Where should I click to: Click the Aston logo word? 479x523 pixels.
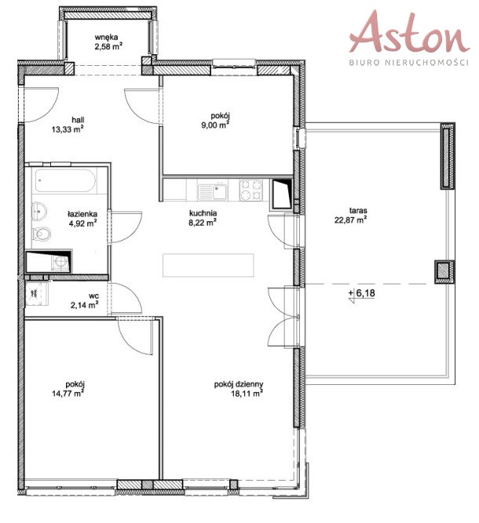click(x=409, y=32)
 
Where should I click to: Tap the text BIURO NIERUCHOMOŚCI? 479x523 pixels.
click(x=409, y=63)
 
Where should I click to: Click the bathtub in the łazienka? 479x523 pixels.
click(x=65, y=181)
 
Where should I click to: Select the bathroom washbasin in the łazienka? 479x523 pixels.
click(x=39, y=211)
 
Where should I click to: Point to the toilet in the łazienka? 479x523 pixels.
click(x=42, y=233)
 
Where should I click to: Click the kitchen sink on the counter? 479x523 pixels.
click(x=213, y=190)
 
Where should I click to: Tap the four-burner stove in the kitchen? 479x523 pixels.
click(x=250, y=190)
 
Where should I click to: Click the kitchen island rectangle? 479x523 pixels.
click(x=208, y=265)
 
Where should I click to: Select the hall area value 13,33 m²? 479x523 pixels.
click(x=68, y=129)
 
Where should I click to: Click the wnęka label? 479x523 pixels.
click(x=106, y=38)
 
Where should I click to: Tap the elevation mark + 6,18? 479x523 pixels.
click(x=362, y=293)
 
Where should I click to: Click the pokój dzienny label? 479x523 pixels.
click(x=239, y=384)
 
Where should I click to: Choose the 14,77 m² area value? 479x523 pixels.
click(x=68, y=394)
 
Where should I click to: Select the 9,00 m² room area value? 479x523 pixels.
click(x=214, y=125)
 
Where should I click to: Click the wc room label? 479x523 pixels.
click(x=94, y=296)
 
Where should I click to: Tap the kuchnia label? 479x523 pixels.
click(x=203, y=213)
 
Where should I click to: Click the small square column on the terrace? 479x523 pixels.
click(x=444, y=271)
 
